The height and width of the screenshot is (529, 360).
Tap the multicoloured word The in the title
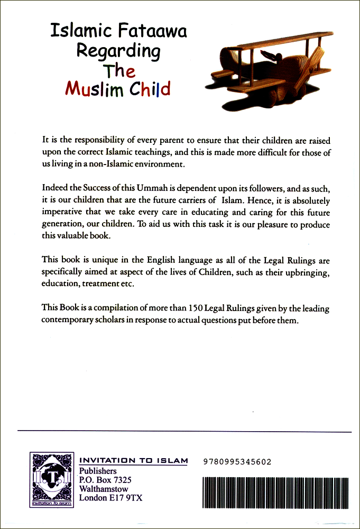coord(119,70)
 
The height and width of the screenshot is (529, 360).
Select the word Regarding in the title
coord(118,51)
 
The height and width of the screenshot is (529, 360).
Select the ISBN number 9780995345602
coord(237,462)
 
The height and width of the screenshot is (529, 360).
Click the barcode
coord(275,491)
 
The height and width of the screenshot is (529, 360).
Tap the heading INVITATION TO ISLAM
coord(133,461)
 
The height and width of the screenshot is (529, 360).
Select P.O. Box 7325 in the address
coord(105,480)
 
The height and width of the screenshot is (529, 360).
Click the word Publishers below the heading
coord(98,471)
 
